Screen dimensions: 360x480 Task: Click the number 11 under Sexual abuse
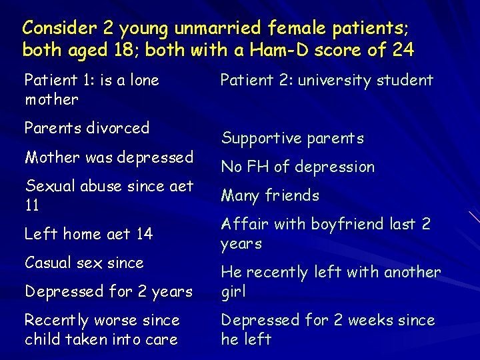pos(32,205)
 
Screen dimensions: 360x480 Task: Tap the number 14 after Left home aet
pos(144,234)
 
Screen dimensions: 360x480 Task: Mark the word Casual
pos(48,263)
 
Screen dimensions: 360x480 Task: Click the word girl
pos(233,292)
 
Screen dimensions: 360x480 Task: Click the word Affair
pos(241,224)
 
